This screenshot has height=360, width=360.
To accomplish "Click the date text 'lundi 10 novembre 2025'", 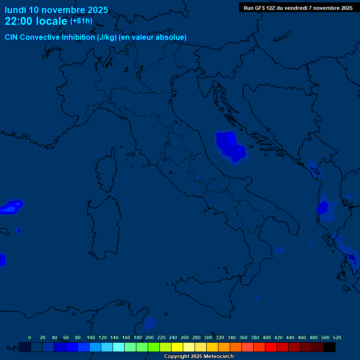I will [56, 10].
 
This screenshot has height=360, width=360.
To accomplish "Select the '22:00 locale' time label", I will [36, 21].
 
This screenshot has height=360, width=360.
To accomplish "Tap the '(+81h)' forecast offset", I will [81, 21].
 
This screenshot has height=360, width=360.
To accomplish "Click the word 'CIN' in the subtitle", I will [12, 37].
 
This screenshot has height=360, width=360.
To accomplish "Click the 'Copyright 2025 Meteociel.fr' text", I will [199, 357].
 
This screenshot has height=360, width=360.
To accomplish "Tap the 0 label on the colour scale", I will [30, 337].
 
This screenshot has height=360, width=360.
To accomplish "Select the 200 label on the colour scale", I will [150, 337].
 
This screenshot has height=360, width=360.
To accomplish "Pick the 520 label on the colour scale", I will [337, 337].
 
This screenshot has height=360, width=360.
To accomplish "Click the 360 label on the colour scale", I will [243, 337].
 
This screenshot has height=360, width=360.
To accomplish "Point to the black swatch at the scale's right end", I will [330, 347].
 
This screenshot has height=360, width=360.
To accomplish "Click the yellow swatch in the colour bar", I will [177, 347].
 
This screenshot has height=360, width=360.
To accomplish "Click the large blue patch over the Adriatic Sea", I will [230, 146].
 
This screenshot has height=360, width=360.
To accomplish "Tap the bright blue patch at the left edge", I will [11, 207].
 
